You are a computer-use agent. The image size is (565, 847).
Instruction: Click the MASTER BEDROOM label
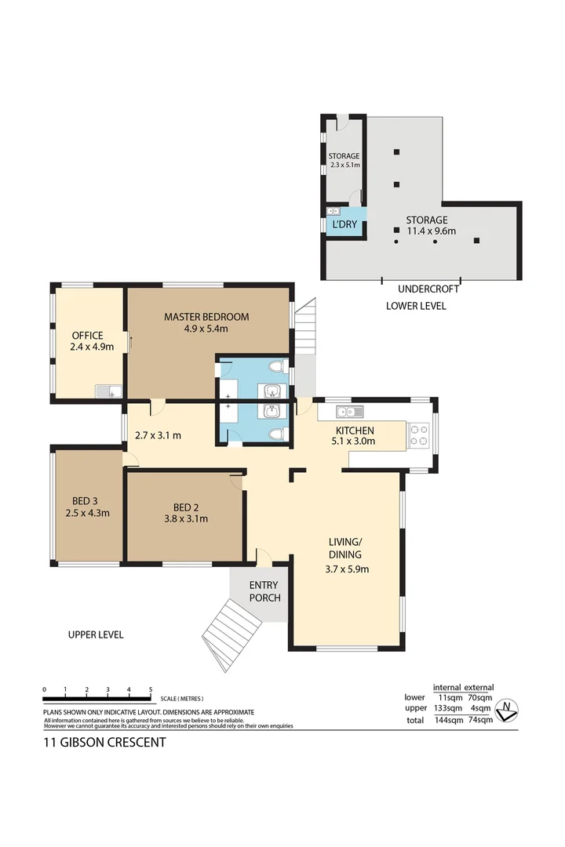[x=206, y=317]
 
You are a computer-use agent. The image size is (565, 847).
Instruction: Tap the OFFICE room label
[x=87, y=336]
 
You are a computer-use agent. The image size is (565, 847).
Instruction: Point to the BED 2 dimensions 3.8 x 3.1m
[x=185, y=518]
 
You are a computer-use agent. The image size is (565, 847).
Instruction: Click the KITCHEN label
[x=355, y=431]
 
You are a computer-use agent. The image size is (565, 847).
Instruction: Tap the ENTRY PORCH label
[x=264, y=592]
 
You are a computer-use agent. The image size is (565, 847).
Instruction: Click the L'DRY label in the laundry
[x=345, y=224]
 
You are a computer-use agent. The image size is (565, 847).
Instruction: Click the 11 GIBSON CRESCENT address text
[x=104, y=742]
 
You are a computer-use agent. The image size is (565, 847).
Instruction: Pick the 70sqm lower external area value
[x=479, y=697]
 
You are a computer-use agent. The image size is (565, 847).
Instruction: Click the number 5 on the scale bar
[x=150, y=689]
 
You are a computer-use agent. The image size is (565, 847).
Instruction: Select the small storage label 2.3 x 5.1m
[x=344, y=165]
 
